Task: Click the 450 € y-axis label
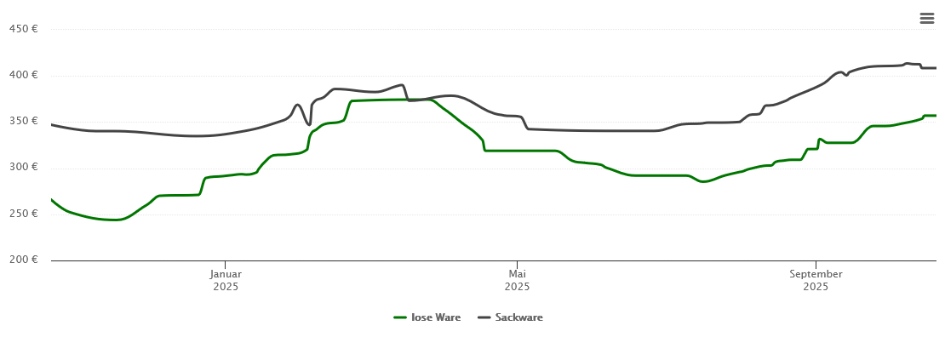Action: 23,29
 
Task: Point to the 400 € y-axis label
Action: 23,75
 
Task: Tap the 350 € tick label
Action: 23,121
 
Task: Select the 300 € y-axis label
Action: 23,167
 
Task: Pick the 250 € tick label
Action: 23,213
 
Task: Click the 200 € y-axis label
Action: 23,259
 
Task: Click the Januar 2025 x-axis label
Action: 226,280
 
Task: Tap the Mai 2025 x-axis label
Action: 517,280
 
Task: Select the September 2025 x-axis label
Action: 816,280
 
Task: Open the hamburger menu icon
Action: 927,18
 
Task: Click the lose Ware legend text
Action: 436,317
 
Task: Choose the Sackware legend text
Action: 518,317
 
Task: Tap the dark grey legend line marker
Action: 484,317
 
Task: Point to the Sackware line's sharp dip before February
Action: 309,124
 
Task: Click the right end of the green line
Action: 936,116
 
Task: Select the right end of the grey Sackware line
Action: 936,68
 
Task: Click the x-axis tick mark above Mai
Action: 517,264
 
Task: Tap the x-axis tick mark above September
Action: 816,264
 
